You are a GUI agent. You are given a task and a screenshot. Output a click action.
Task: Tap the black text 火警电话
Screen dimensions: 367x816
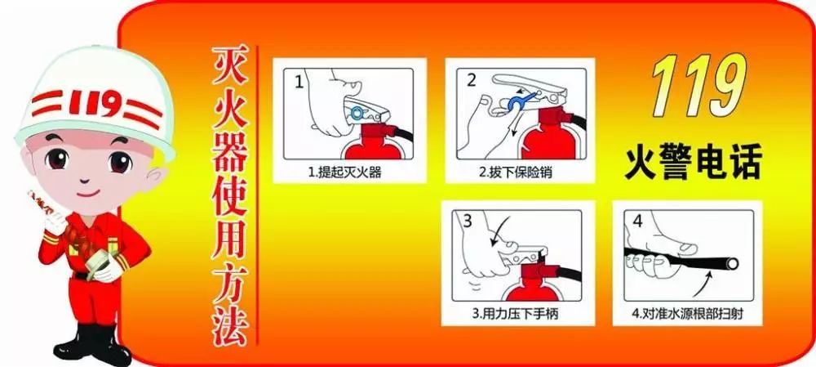693,162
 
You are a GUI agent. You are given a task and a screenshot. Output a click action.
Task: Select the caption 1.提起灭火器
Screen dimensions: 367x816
348,173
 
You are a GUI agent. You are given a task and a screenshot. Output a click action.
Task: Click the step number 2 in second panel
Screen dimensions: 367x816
471,80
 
